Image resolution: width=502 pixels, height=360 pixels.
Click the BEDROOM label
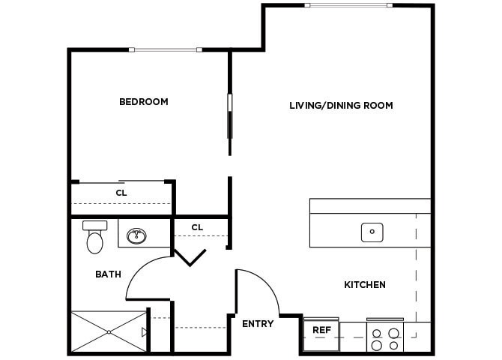click(x=143, y=102)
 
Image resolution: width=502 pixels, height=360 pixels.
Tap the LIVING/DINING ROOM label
click(x=341, y=106)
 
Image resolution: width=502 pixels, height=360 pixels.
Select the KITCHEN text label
click(x=365, y=285)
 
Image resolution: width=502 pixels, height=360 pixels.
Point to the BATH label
click(x=108, y=274)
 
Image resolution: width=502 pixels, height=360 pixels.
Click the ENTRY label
click(x=257, y=324)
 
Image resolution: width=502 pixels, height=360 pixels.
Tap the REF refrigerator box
click(x=321, y=331)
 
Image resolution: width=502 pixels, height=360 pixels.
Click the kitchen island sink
click(x=372, y=232)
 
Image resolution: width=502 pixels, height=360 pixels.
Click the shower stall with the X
click(x=109, y=331)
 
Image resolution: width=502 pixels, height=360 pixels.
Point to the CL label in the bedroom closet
click(x=121, y=193)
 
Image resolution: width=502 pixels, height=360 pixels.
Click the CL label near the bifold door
click(x=197, y=227)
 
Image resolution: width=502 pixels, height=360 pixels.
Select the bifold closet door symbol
click(x=190, y=256)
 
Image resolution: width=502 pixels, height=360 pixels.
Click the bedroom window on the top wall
click(x=166, y=50)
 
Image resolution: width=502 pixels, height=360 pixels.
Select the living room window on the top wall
click(x=348, y=6)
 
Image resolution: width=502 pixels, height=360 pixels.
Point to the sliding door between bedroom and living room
click(x=230, y=115)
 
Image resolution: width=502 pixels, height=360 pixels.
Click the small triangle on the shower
click(x=145, y=331)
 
